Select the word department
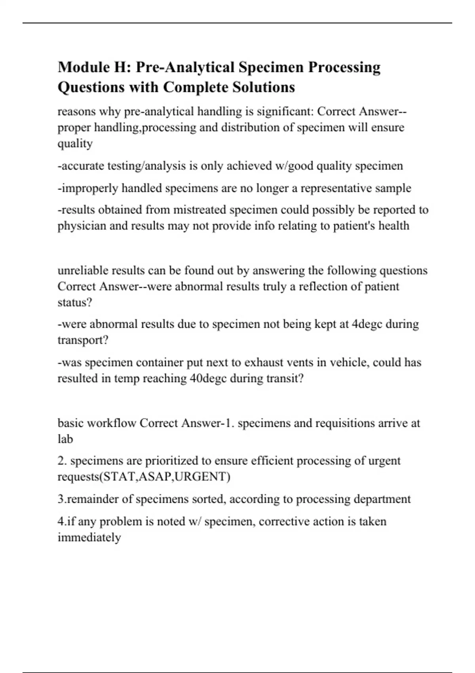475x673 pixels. tap(382, 499)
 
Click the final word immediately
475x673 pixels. tap(89, 538)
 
